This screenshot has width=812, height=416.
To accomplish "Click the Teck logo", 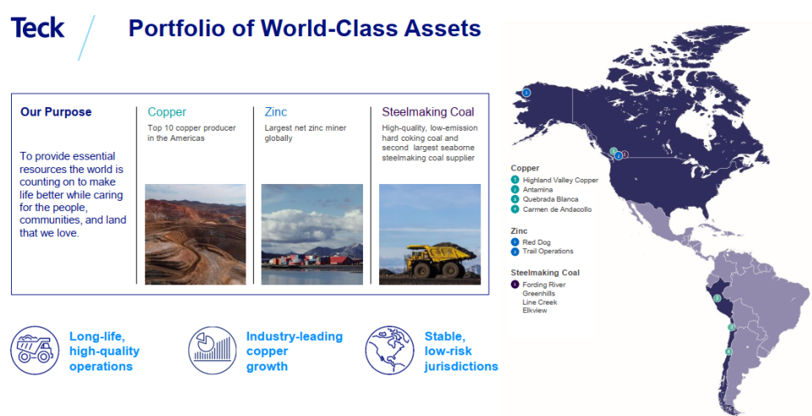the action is coord(38,28).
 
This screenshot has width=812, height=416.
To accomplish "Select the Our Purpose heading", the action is coord(56,111).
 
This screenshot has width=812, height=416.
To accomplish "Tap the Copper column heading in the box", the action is coord(167,111).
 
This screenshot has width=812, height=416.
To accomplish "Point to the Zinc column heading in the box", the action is coord(275,111).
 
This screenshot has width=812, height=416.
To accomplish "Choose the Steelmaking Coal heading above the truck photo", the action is coord(428,111).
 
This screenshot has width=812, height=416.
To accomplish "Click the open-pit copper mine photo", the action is coord(195,234).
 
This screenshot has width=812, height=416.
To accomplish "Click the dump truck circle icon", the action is coord(35,350).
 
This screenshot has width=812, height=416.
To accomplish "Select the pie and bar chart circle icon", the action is coord(213,350).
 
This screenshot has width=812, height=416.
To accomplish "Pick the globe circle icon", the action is coord(390,350).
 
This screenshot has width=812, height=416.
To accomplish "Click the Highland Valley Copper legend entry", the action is coord(554,180).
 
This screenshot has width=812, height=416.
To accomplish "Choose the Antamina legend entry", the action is coord(532,190).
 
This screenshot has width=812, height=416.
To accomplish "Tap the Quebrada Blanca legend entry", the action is coord(544,199).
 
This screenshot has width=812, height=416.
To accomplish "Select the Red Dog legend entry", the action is coord(531,242).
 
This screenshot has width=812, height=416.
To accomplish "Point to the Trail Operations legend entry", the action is coord(542,251).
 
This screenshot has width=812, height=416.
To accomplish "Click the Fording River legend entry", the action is coord(538,284).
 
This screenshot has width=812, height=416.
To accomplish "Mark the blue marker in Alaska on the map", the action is coord(526,93).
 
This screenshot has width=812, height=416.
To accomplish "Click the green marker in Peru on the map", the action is coord(717,298).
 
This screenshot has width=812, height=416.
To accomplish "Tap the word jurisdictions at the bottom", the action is coord(461,366).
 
